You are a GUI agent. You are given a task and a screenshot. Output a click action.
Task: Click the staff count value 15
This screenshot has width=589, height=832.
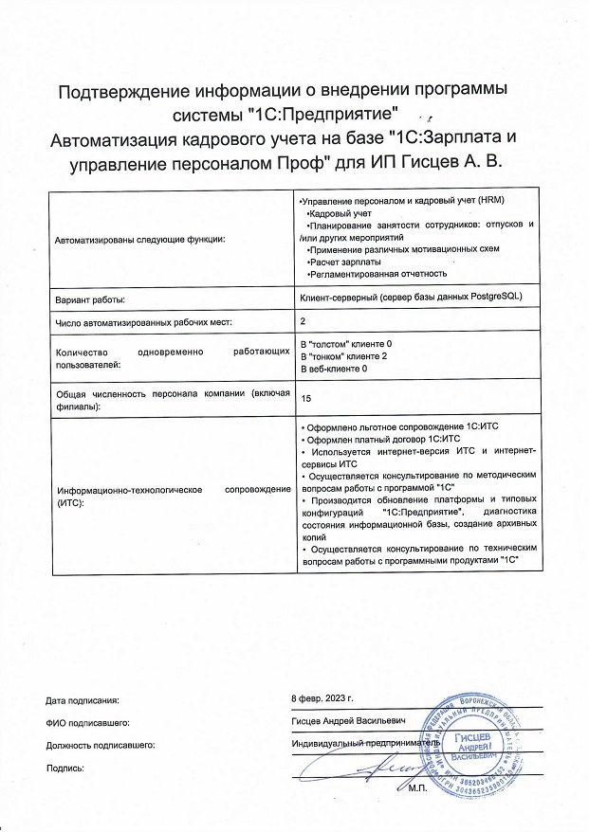click(305, 399)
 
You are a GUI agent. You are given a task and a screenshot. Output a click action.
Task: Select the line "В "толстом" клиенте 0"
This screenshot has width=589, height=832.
click(345, 341)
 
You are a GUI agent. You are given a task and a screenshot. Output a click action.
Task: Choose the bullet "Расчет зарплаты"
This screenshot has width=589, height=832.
click(344, 261)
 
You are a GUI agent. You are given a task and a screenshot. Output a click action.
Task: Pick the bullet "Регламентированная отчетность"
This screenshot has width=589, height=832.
click(377, 273)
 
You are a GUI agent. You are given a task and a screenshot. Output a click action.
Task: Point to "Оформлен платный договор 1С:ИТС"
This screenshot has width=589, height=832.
click(379, 439)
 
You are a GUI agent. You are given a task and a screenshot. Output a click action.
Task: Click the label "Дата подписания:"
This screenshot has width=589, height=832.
click(83, 701)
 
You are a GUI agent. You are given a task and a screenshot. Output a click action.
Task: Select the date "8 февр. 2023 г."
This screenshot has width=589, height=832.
click(322, 698)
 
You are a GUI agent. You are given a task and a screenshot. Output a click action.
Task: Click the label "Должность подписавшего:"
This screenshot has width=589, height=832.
click(100, 745)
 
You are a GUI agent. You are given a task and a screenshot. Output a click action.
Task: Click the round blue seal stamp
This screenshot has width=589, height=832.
click(480, 743)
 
